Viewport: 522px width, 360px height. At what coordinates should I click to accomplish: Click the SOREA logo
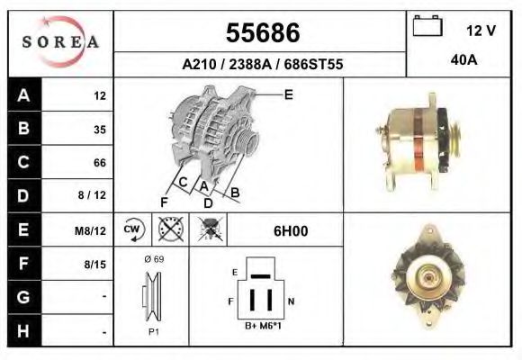(x=60, y=42)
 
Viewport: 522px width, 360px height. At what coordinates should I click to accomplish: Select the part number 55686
(x=261, y=32)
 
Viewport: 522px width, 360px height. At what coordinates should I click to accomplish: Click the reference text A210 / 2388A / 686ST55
(x=262, y=65)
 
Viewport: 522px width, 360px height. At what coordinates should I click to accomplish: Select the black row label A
(x=23, y=95)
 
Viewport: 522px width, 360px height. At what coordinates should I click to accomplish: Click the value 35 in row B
(x=99, y=130)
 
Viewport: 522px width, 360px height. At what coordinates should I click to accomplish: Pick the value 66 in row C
(x=99, y=163)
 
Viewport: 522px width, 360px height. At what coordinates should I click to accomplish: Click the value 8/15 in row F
(x=95, y=265)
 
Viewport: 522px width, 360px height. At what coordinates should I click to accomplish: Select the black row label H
(x=23, y=331)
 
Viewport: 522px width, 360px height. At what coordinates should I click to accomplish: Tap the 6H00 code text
(x=291, y=231)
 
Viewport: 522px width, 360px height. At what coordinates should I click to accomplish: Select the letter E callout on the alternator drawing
(x=288, y=94)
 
